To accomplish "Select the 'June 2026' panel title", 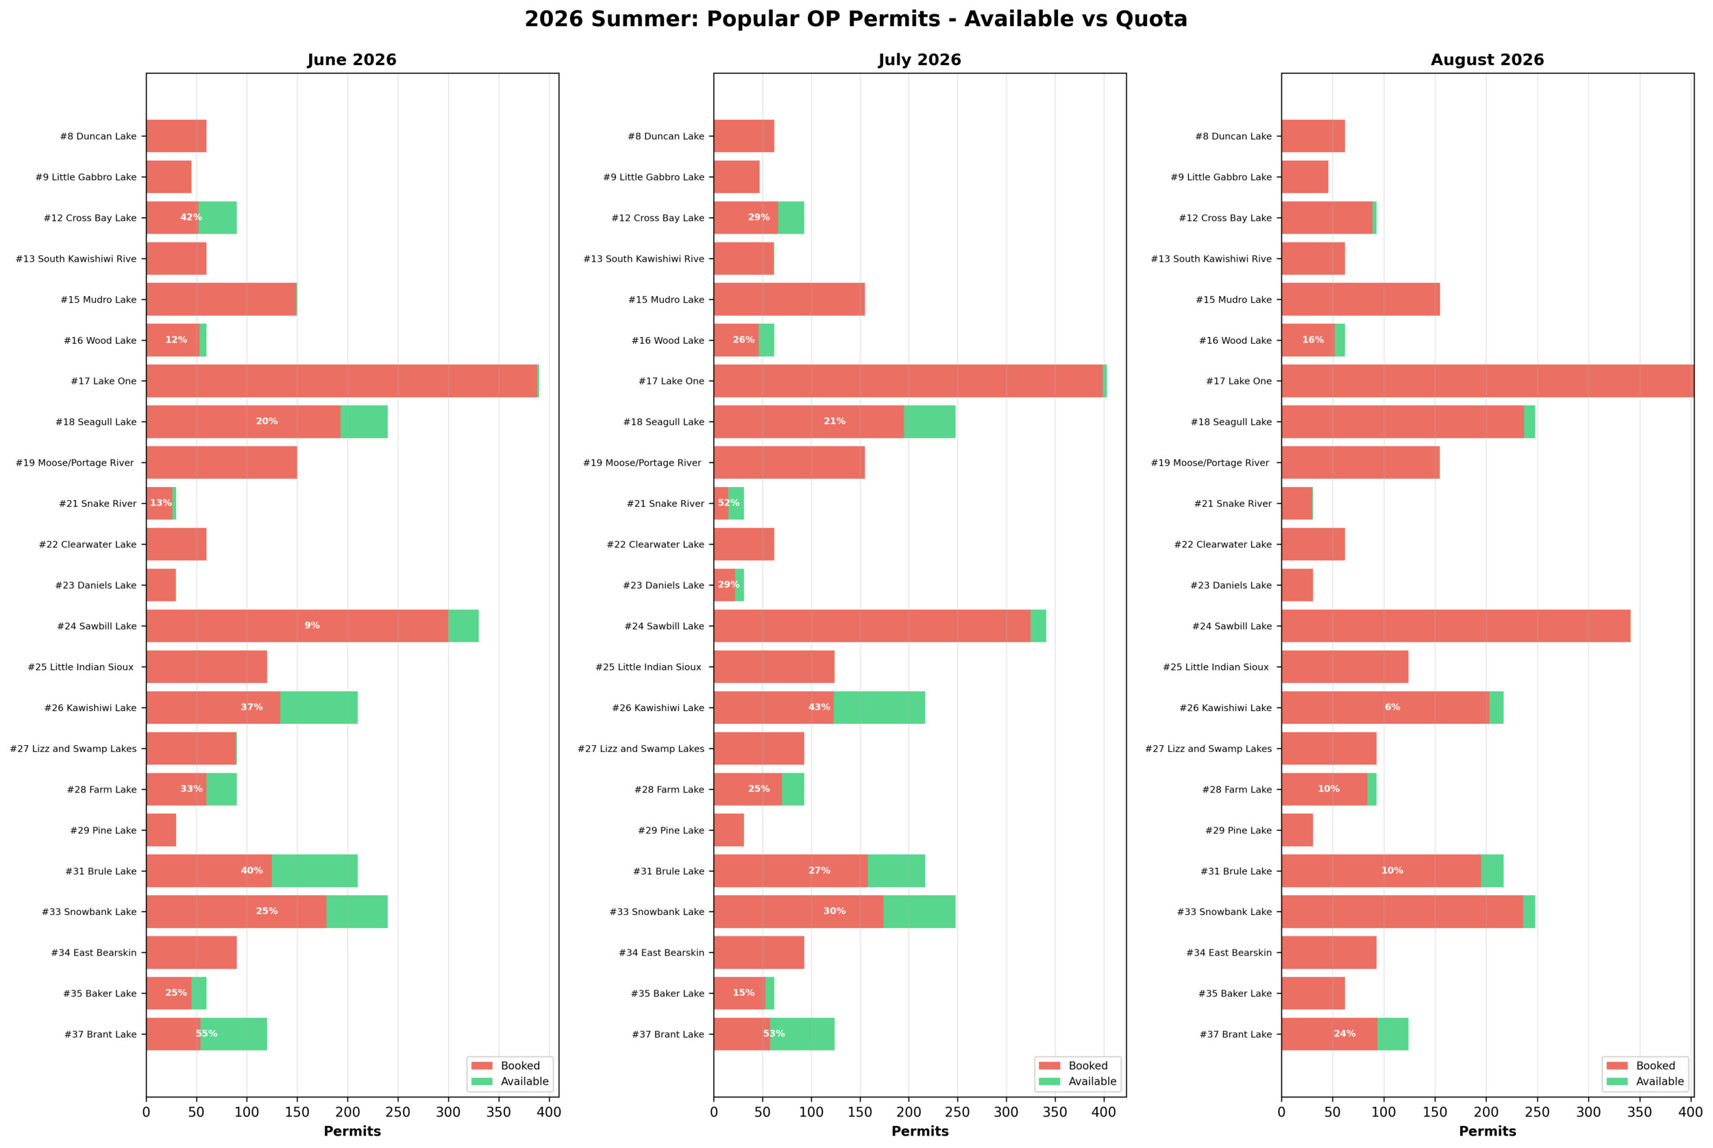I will (x=352, y=60).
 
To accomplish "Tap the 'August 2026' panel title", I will (x=1487, y=60).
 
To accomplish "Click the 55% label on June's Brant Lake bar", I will (x=206, y=1034).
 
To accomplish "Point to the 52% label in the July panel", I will (x=728, y=503).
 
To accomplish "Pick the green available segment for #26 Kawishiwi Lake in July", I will (x=879, y=708).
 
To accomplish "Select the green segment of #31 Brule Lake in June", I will (x=315, y=871).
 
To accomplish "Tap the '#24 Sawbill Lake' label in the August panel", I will (x=1232, y=626).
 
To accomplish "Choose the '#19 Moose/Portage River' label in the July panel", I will (x=641, y=463).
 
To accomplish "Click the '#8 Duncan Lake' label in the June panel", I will (x=98, y=136).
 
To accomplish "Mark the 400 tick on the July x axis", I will (x=1104, y=1113).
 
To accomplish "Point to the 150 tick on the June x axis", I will (x=297, y=1113).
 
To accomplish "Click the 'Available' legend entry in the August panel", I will (x=1659, y=1082).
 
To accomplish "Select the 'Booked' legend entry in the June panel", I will (x=520, y=1066).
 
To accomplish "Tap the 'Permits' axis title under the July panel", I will (x=920, y=1131).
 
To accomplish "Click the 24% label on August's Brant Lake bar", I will (x=1344, y=1034).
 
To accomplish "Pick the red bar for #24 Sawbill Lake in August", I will (x=1456, y=626).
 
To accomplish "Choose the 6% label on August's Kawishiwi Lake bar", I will (x=1392, y=708).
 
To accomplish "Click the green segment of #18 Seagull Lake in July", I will (x=929, y=422).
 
